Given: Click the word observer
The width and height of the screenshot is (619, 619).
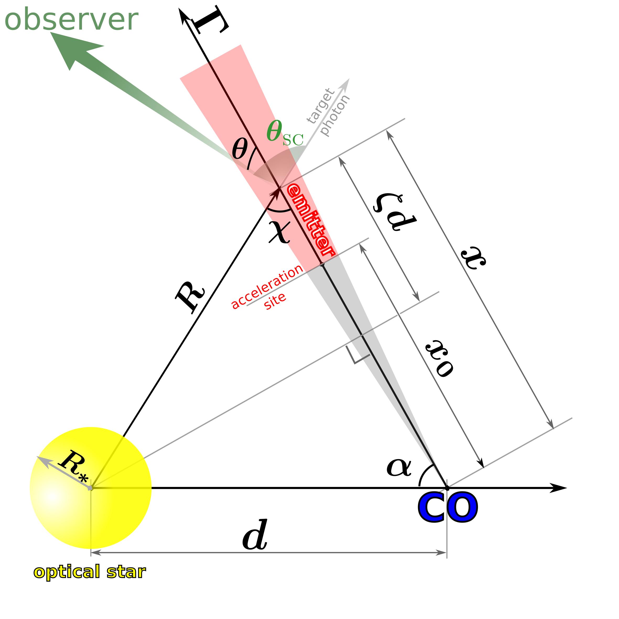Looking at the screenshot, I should tap(71, 20).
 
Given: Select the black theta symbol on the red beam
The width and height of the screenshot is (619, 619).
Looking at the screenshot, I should tap(240, 149).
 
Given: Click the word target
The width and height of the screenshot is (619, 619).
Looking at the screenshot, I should tap(321, 105).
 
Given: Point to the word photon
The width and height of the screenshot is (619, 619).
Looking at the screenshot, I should tap(335, 115).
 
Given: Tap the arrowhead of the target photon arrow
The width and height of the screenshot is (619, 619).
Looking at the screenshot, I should tap(346, 83).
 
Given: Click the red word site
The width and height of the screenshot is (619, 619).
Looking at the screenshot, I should tap(275, 301).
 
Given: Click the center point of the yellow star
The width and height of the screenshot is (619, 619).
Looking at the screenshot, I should tap(91, 488).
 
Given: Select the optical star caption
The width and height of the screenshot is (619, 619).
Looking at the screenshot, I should tap(89, 572).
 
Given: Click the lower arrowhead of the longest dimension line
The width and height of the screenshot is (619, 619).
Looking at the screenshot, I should tap(551, 425).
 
